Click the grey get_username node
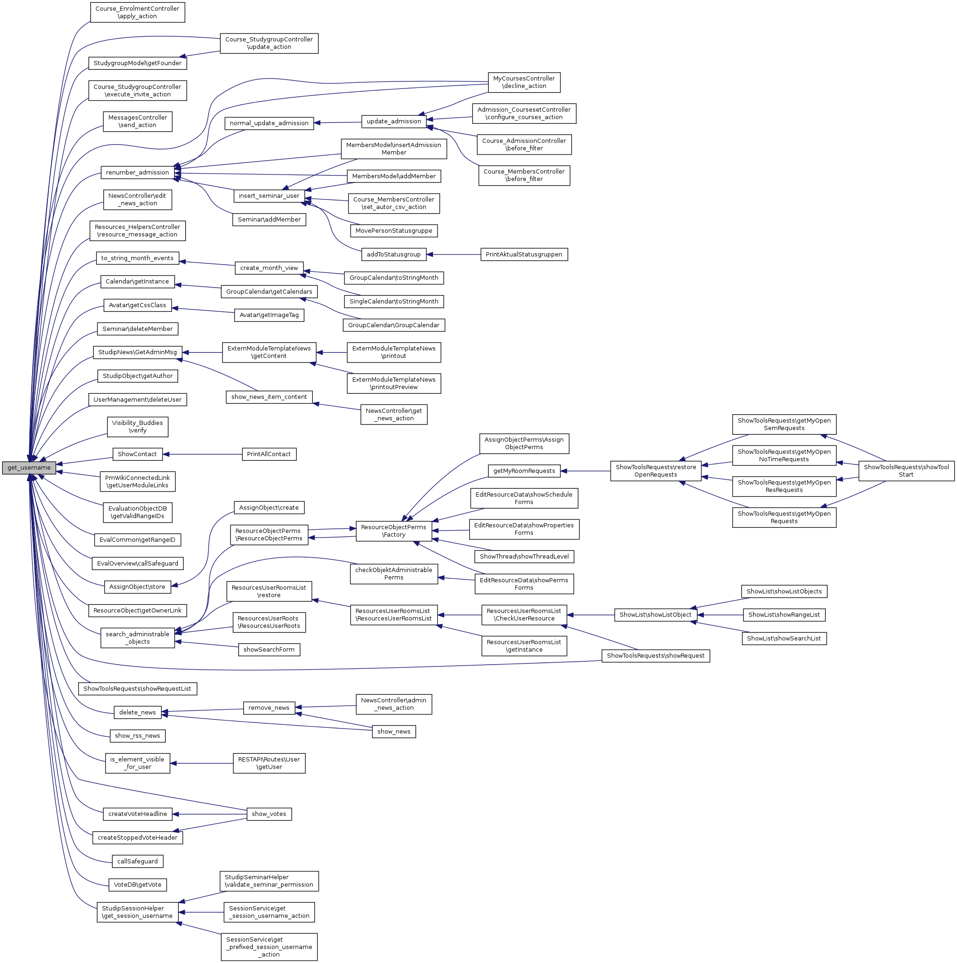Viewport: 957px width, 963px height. [29, 468]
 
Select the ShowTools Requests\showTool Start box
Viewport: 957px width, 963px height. [906, 471]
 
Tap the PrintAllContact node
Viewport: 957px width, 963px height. [269, 454]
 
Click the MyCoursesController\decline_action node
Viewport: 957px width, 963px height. [523, 82]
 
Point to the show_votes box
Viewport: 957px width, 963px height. [269, 814]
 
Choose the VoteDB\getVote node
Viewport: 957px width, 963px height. [138, 885]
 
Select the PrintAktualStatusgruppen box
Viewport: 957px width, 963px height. [523, 254]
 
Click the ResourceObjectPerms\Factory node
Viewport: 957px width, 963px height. [393, 531]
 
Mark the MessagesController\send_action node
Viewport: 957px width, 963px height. [138, 121]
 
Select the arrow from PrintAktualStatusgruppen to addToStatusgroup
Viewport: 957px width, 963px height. [453, 254]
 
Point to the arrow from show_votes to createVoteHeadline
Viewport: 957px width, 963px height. [209, 814]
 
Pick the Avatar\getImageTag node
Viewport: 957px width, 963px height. [269, 315]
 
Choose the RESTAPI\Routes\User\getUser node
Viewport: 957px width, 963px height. [269, 763]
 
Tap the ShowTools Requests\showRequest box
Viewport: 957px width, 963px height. [655, 656]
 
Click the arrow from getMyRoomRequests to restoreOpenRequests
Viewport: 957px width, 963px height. [585, 471]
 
